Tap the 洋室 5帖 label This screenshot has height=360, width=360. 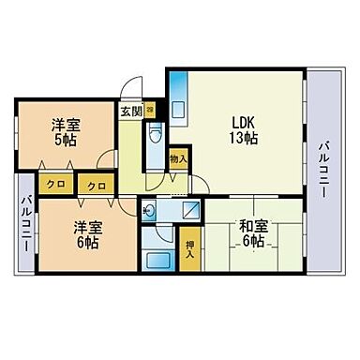(64, 131)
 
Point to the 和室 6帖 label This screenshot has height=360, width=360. (251, 232)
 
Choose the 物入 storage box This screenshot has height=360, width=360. (178, 159)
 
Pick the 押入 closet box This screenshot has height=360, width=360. (191, 247)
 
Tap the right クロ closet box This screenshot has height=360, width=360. (95, 186)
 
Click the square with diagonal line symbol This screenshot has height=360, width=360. (188, 210)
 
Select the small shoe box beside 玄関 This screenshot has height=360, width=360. (149, 110)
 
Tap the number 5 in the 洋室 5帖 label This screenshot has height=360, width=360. (58, 140)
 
